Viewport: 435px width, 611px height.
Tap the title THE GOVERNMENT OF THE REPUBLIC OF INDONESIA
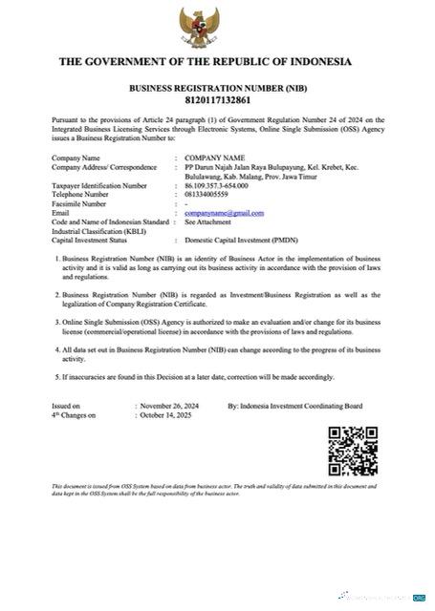point(206,63)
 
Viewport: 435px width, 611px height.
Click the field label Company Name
point(76,157)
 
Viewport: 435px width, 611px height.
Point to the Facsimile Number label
point(85,202)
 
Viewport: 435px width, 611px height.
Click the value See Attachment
point(208,221)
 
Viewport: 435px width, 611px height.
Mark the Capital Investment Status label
point(96,240)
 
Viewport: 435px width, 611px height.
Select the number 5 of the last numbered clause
point(56,376)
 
